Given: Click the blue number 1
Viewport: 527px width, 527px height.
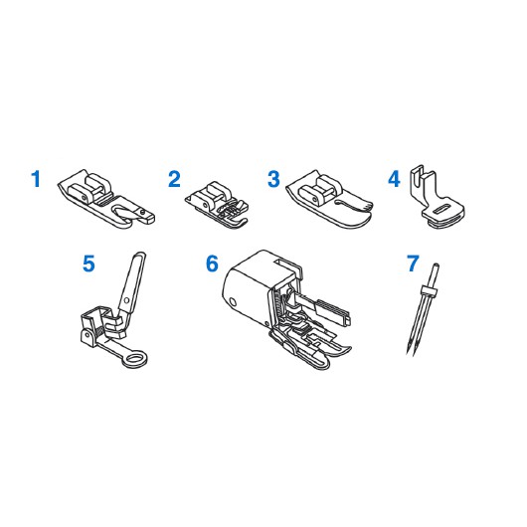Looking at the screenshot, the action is [x=36, y=179].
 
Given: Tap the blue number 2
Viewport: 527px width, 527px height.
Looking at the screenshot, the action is [x=174, y=179].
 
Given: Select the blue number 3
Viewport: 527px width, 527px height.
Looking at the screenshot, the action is [x=273, y=179].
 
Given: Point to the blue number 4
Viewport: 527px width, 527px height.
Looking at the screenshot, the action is [x=394, y=179].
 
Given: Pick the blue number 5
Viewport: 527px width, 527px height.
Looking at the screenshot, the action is [x=88, y=263].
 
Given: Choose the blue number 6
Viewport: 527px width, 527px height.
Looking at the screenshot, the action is [x=212, y=263].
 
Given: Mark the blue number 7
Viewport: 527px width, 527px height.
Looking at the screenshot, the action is [x=413, y=263].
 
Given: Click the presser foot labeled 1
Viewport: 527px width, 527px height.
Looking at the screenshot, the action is [x=104, y=200].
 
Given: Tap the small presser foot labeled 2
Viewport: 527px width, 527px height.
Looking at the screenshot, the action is [x=217, y=205].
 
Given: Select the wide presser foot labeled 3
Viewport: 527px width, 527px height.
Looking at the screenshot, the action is [x=328, y=200].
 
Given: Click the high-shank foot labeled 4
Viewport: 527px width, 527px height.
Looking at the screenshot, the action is [x=437, y=197].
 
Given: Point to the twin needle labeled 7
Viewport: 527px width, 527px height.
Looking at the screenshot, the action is [x=423, y=309].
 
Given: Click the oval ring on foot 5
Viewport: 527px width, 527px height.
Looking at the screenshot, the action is [x=135, y=358].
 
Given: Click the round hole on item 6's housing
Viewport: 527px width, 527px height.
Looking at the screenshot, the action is [x=233, y=301].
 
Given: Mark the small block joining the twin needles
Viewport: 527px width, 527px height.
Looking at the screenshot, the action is [x=429, y=291].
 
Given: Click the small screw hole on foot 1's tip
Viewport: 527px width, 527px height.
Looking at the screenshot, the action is [x=143, y=212].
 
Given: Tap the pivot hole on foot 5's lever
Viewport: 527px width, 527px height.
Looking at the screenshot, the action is [x=126, y=299].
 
